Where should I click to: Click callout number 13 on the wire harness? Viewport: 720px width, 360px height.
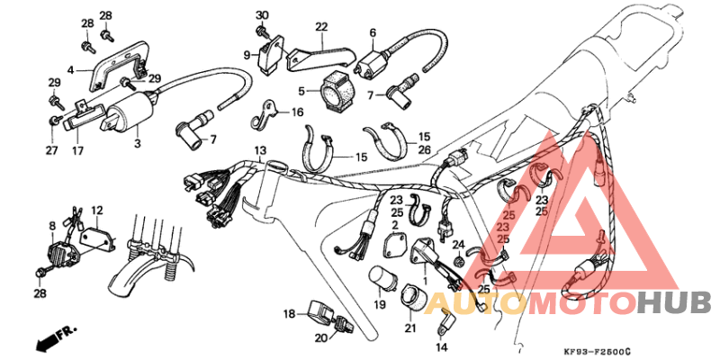tap(260, 149)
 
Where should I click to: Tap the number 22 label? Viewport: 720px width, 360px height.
tap(321, 26)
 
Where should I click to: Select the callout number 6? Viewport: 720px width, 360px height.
tap(371, 32)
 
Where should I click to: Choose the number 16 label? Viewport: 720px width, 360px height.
tap(297, 112)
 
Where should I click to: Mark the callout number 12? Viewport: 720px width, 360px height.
tap(96, 210)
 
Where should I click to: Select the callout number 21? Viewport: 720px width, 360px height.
tap(410, 330)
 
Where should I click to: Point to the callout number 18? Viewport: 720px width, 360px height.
tap(289, 313)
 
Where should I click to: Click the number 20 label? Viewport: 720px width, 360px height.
tap(320, 338)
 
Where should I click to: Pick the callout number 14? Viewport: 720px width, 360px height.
tap(441, 346)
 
